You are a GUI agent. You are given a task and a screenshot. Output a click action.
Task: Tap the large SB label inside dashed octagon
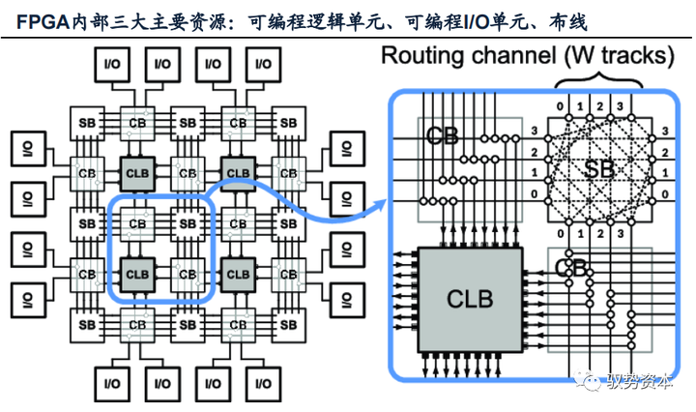click(598, 167)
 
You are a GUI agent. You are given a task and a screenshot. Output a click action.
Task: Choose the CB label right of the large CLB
click(571, 266)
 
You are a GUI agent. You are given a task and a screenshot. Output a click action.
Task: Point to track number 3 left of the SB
click(532, 130)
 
